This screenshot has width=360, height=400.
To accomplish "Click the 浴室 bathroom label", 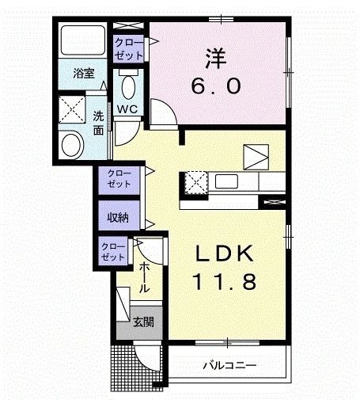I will tap(84, 74).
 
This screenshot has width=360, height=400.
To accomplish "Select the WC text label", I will tap(128, 109).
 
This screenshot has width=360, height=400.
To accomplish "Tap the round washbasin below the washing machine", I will tap(72, 144).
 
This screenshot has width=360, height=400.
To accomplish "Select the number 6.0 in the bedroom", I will tap(212, 85).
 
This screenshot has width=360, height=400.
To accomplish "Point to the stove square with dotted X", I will tap(195, 182).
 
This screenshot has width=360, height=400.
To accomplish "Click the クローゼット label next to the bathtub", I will tap(129, 48).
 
